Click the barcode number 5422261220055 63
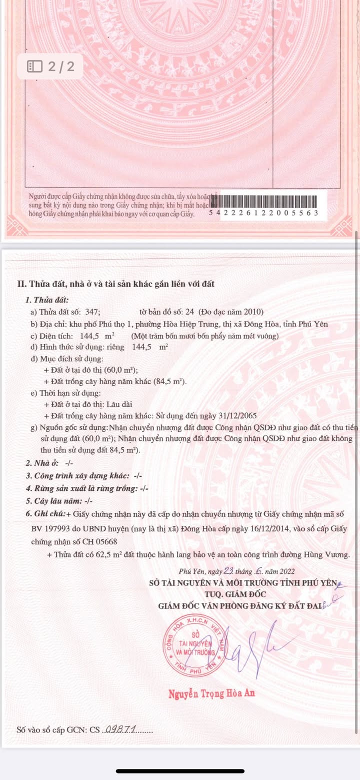pyautogui.click(x=263, y=213)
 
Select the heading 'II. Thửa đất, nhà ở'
pyautogui.click(x=115, y=284)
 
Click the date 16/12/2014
pyautogui.click(x=265, y=529)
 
